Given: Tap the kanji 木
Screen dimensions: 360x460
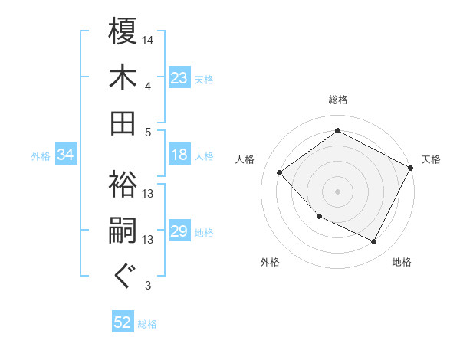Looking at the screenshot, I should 123,77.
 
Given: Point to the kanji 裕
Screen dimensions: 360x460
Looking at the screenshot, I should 123,184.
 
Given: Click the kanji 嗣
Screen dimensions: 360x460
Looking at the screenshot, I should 123,231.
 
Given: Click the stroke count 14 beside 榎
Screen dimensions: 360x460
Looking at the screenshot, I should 148,39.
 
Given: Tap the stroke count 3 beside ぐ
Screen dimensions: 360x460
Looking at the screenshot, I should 148,286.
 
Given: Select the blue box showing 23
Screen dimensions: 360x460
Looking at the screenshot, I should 179,77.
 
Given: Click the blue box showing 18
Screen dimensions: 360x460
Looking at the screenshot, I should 179,155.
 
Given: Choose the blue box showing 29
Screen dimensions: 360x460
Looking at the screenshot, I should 179,232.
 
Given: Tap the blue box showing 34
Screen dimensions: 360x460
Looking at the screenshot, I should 65,155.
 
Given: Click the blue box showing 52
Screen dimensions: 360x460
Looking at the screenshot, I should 123,322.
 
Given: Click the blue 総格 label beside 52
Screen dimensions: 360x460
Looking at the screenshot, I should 147,324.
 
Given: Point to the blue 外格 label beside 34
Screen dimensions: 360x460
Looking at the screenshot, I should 41,156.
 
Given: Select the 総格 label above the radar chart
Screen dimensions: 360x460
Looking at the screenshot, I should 338,100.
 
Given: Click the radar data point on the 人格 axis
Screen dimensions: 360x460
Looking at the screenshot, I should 280,173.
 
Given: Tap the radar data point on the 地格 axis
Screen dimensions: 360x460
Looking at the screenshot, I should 374,242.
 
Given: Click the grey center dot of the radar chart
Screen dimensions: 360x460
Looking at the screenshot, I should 337,191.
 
